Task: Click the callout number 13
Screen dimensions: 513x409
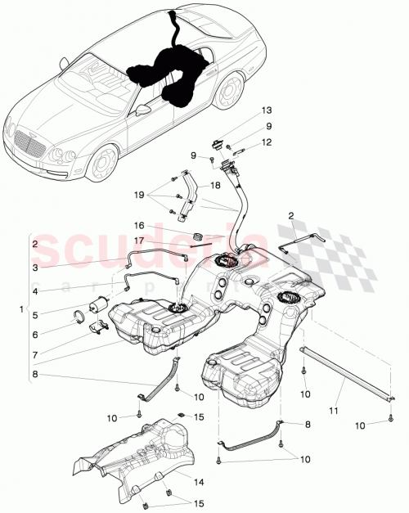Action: click(266, 110)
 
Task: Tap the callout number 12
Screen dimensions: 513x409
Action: click(266, 142)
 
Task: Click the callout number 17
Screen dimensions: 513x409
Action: click(140, 240)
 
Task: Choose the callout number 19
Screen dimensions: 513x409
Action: click(140, 196)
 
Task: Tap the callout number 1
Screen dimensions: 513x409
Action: click(21, 311)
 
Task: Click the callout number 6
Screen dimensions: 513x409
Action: click(35, 334)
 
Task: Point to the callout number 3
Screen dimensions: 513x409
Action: click(35, 267)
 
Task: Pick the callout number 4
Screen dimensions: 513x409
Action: click(35, 289)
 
